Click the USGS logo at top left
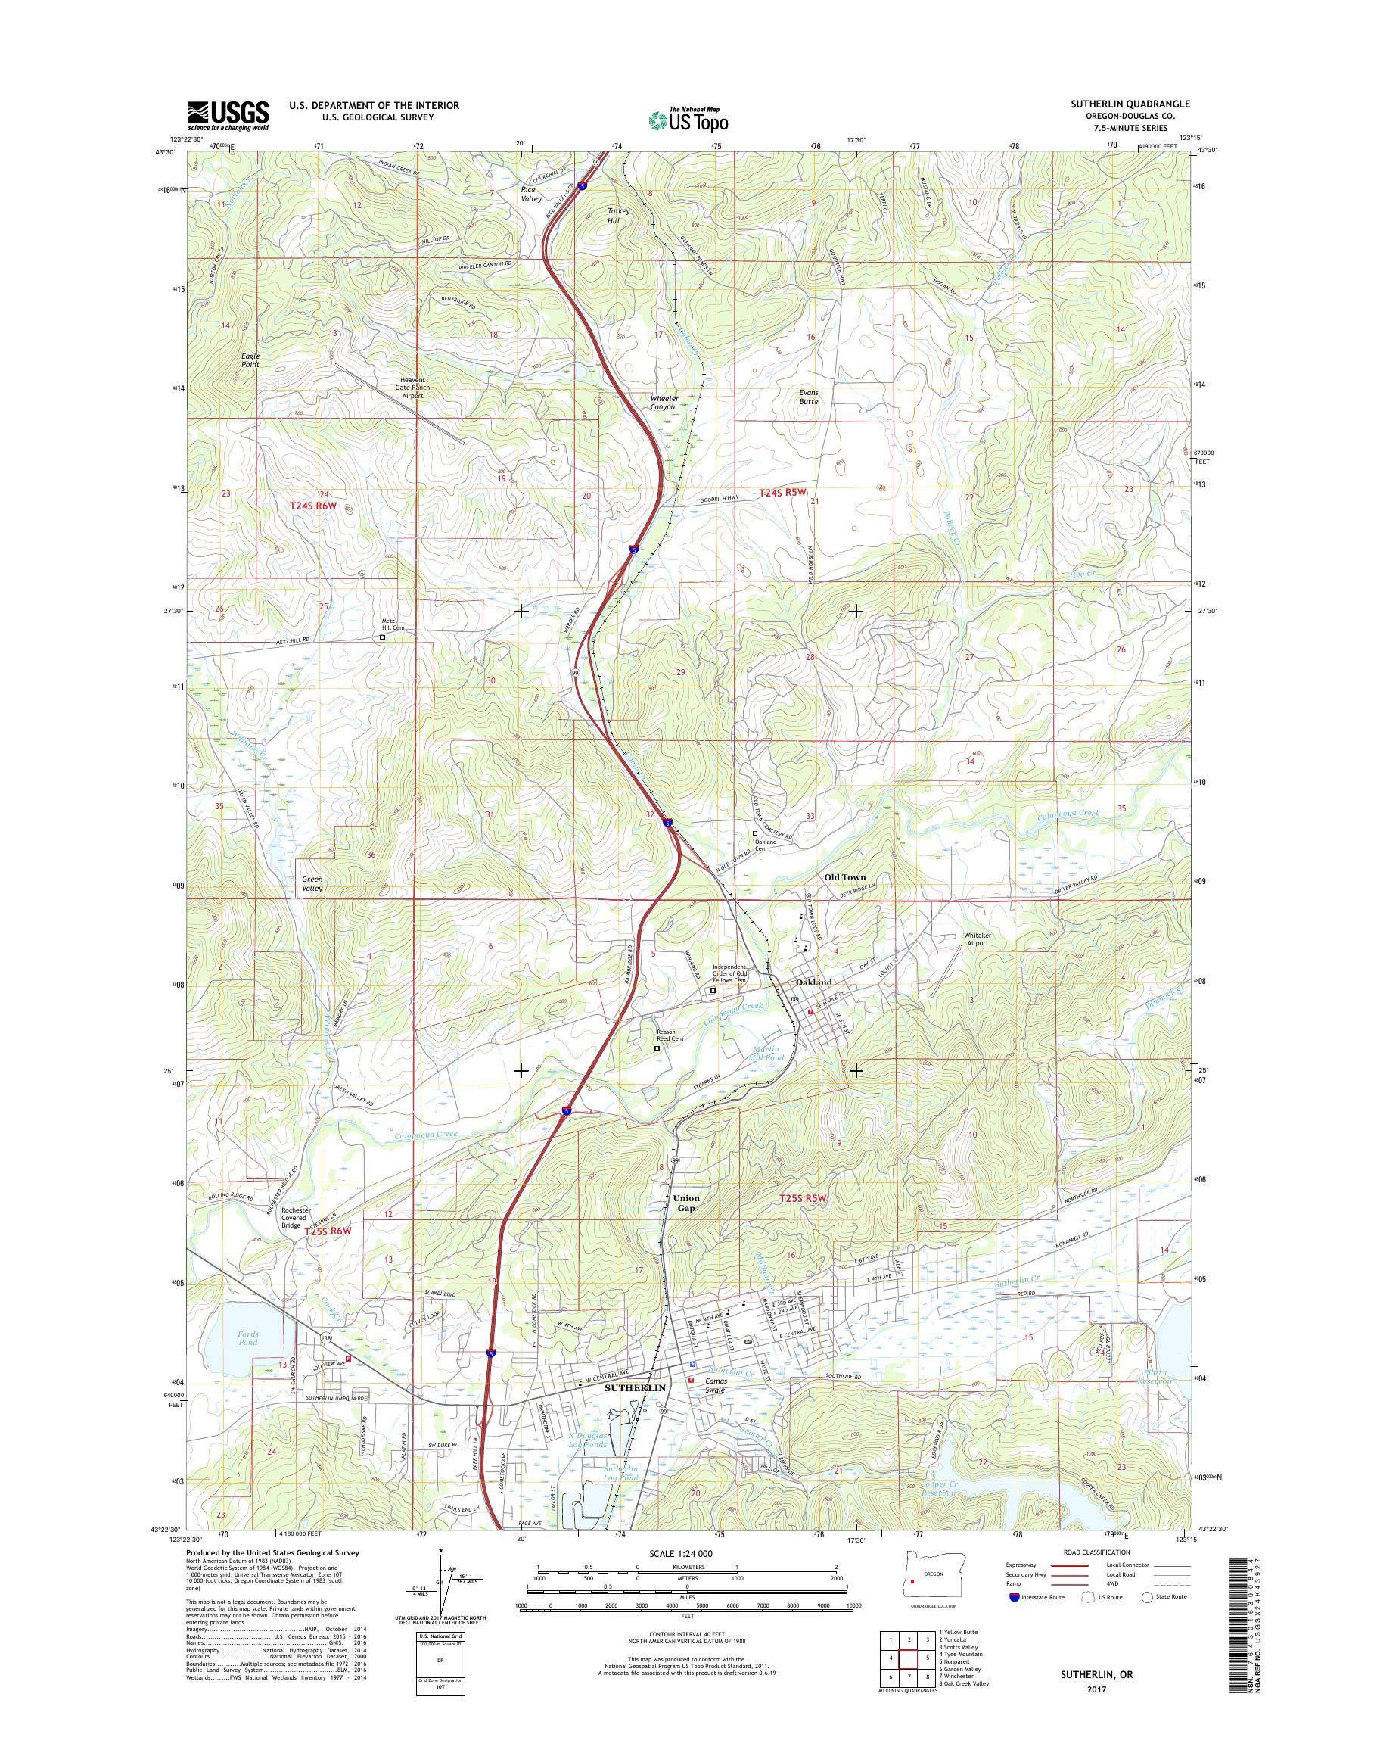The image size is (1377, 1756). point(228,115)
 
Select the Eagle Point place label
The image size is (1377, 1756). point(250,360)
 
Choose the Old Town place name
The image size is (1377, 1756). point(844,877)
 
